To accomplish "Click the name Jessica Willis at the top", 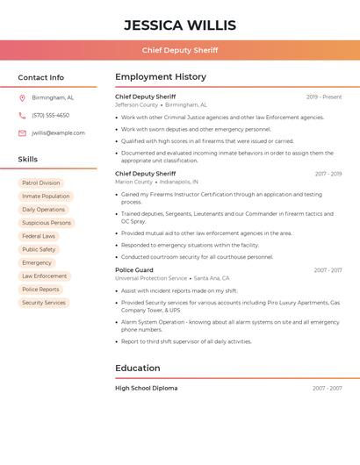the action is (x=180, y=25).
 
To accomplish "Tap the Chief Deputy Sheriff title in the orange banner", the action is (x=180, y=50).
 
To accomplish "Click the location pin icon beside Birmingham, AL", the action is (x=22, y=97).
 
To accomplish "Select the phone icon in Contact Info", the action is (x=22, y=115).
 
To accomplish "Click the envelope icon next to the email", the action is (x=22, y=133).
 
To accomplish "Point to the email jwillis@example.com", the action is (x=58, y=133).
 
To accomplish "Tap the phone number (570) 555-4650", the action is (x=50, y=115).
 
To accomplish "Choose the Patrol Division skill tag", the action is (x=41, y=183).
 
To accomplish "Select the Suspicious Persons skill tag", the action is (x=47, y=223).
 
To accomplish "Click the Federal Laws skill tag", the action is (x=39, y=236).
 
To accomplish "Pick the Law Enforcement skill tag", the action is (x=44, y=276).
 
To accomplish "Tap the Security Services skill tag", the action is (x=44, y=303).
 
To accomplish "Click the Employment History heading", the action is (x=161, y=77).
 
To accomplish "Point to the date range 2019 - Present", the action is (x=324, y=97).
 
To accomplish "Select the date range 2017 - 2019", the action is (x=328, y=174).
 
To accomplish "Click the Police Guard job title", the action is (x=134, y=270).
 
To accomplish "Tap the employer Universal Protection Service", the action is (x=151, y=278).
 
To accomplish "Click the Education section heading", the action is (x=138, y=368).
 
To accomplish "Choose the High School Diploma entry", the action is (x=146, y=388).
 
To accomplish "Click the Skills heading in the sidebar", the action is (x=28, y=160).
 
